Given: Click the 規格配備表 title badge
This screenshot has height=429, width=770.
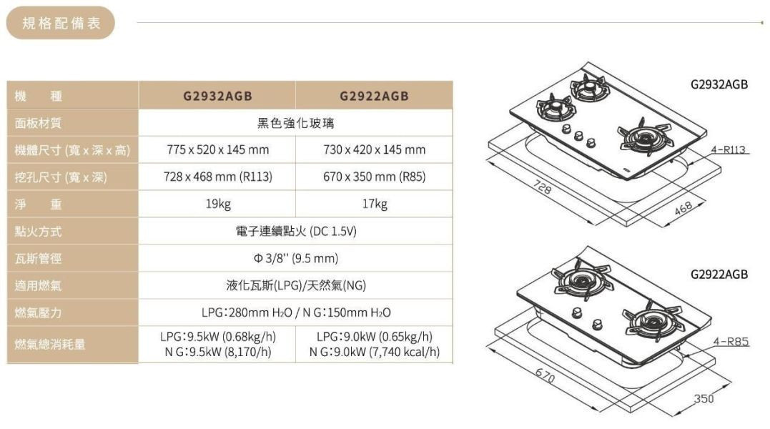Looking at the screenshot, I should (61, 24).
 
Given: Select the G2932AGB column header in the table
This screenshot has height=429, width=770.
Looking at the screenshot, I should (217, 96).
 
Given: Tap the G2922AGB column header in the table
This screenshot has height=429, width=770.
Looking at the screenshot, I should (374, 96).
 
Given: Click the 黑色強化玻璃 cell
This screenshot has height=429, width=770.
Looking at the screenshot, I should (295, 123).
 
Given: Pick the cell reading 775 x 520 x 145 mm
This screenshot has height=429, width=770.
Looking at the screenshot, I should (217, 150).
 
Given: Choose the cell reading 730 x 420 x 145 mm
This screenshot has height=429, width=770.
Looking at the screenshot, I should (374, 150).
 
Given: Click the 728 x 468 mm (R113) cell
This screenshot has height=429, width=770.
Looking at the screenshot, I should (217, 177).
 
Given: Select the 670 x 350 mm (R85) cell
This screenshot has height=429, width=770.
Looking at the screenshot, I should (374, 177).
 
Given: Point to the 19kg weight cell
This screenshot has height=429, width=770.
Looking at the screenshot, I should (217, 204).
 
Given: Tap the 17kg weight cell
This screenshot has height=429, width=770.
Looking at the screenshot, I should (374, 204).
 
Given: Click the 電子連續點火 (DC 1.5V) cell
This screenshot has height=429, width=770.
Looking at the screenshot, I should (295, 232).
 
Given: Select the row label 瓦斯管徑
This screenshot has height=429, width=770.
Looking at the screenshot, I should (39, 259).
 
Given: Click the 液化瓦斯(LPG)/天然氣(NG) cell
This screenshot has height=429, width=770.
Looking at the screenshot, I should (295, 286).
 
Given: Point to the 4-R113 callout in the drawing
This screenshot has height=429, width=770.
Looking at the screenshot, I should (729, 150).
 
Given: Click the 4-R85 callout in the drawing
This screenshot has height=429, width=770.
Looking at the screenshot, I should (730, 342).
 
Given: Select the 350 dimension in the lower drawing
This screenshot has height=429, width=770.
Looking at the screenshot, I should (704, 398).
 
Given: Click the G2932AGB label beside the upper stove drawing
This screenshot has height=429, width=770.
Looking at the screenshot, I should (720, 84).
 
